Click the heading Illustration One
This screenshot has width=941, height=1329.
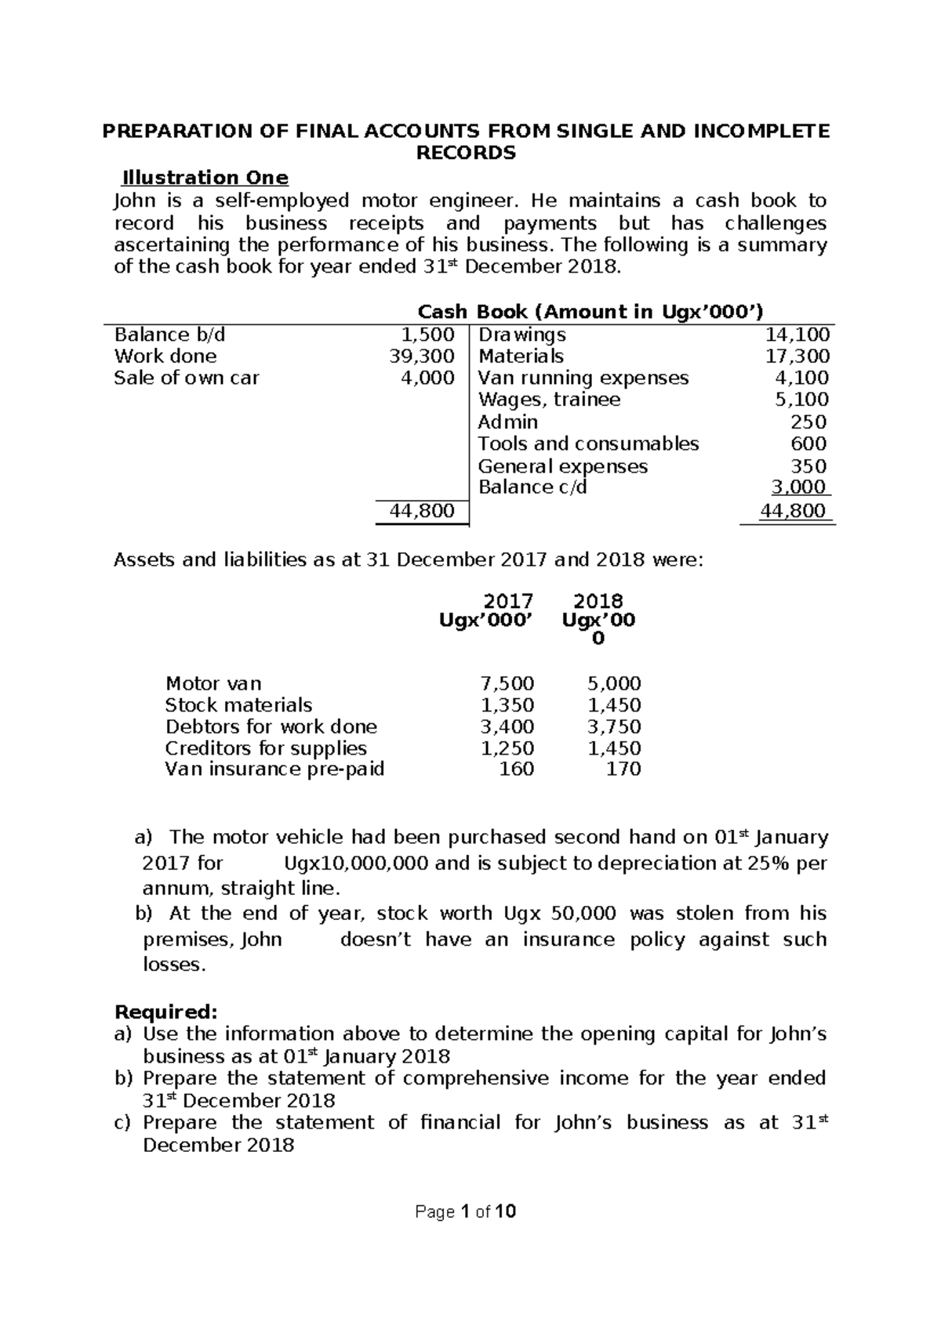point(202,178)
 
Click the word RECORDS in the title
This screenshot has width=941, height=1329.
point(465,154)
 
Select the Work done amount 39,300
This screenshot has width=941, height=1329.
point(422,357)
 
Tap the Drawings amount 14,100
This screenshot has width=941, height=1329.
point(797,335)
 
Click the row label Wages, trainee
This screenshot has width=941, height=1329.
point(549,400)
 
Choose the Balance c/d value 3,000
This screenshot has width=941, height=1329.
point(798,487)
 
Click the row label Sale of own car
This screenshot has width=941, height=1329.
point(186,378)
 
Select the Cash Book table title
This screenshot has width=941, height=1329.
point(589,312)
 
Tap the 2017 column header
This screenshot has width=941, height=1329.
point(507,601)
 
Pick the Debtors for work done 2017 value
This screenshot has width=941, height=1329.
point(507,726)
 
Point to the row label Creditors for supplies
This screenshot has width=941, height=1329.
point(266,748)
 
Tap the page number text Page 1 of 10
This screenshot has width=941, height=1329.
point(465,1212)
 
